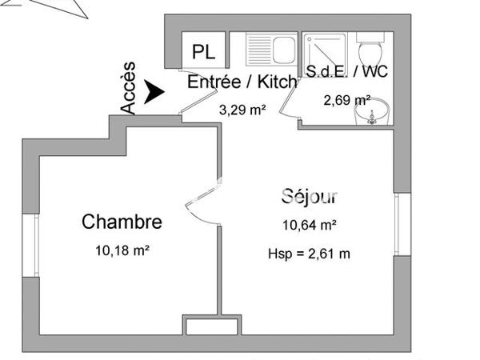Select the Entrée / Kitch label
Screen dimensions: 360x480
(242, 82)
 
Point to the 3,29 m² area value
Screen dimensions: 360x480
(242, 110)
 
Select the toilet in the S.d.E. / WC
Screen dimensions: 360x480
(372, 52)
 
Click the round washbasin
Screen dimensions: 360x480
(372, 114)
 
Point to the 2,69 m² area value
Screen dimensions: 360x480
(346, 100)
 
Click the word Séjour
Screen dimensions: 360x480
(309, 196)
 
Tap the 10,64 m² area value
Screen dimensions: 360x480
(309, 225)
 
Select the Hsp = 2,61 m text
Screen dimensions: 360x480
(309, 254)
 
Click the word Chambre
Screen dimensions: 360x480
(122, 222)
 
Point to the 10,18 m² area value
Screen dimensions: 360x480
(122, 250)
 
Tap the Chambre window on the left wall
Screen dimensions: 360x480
(35, 240)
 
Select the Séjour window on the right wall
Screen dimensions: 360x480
(398, 223)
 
